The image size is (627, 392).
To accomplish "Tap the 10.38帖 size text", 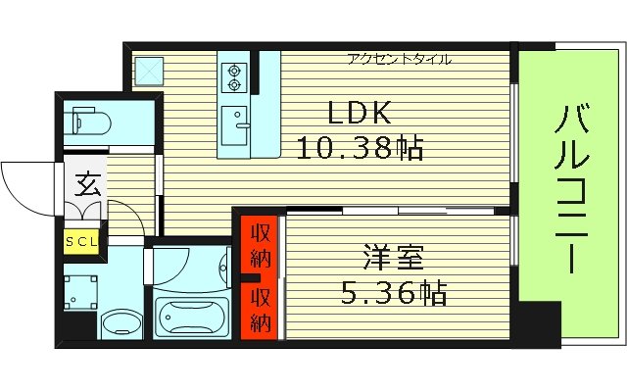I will click(x=360, y=149).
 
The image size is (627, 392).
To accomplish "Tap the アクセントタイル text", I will click(x=399, y=60).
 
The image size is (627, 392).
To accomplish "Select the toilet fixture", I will click(x=90, y=122).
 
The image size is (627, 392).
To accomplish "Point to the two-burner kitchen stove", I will click(x=235, y=76).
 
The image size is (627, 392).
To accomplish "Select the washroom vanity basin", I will click(x=122, y=322).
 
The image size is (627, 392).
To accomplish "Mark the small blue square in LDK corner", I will click(x=151, y=70).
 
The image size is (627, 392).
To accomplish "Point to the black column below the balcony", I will click(x=538, y=324).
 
